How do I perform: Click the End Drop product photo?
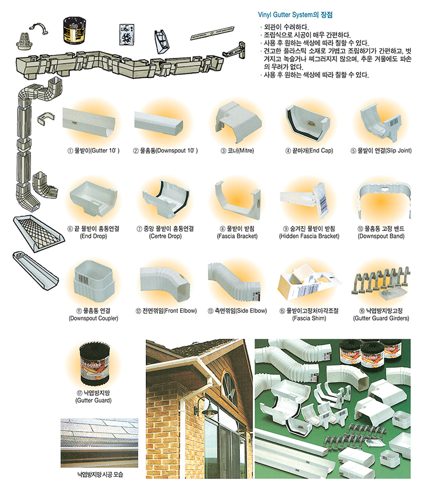(93, 199)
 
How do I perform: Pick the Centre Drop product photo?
(166, 198)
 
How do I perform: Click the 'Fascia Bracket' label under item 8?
(237, 236)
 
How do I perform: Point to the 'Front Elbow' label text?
(180, 311)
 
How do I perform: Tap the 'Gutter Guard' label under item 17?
(94, 401)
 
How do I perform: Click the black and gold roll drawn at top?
(74, 30)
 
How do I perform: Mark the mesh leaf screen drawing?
(39, 233)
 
